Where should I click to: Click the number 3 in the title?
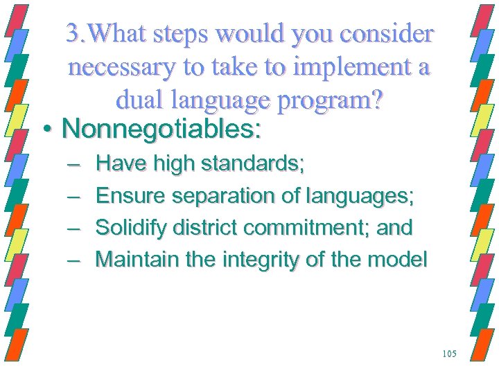point(72,33)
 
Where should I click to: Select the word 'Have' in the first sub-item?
point(116,164)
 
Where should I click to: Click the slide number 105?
point(449,354)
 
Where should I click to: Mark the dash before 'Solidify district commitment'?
point(73,227)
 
